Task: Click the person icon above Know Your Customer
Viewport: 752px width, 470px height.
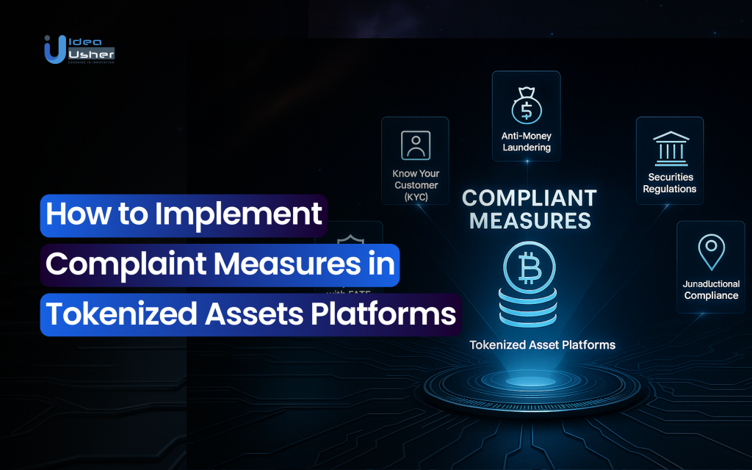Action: coord(415,145)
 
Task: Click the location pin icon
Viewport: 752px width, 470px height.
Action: coord(711,252)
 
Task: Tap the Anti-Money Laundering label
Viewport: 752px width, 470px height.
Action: coord(526,142)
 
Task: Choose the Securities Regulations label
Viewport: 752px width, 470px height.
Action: coord(670,183)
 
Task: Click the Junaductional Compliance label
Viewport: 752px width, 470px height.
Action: coord(711,289)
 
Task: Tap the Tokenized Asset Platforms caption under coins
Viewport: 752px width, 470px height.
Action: coord(542,344)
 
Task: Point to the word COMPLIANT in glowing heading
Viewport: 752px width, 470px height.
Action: coord(529,198)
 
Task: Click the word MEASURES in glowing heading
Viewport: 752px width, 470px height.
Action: coord(529,220)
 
